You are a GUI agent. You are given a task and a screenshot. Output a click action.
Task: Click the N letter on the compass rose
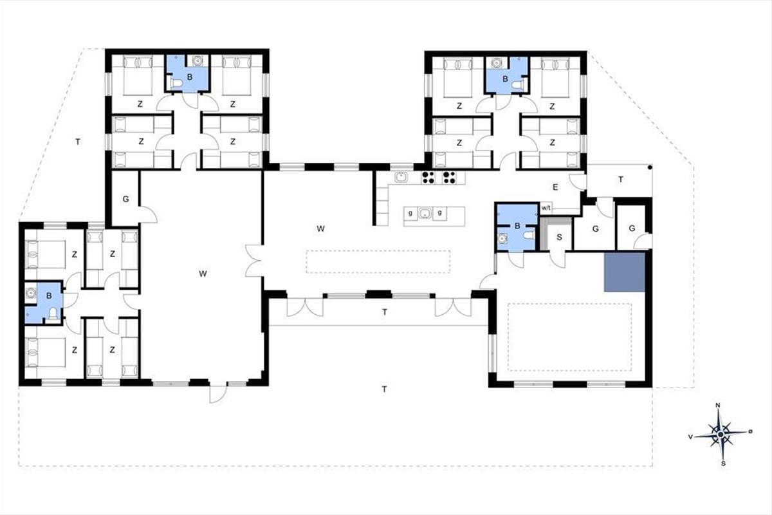click(x=718, y=405)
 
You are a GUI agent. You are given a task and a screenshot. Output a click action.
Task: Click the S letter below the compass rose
click(x=723, y=464)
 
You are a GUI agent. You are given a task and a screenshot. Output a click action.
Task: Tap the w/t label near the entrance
click(x=546, y=208)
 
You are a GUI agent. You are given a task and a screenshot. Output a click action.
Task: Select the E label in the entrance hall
click(x=555, y=187)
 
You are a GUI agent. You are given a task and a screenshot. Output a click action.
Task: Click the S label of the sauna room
click(x=559, y=237)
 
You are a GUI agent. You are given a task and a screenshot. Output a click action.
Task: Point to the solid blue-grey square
click(x=624, y=272)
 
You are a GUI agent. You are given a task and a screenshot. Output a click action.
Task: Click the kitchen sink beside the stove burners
click(x=401, y=177)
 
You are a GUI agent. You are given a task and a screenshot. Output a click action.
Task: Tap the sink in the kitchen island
click(x=425, y=214)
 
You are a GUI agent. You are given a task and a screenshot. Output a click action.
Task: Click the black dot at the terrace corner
click(x=649, y=167)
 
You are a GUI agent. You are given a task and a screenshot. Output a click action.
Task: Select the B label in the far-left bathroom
click(x=49, y=295)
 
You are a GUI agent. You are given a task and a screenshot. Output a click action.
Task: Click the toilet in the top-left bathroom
click(x=176, y=83)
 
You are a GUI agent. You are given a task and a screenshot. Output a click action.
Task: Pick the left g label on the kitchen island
click(x=410, y=213)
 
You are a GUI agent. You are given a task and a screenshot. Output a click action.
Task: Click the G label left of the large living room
click(x=126, y=199)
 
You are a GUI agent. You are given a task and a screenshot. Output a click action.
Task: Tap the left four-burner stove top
click(x=428, y=177)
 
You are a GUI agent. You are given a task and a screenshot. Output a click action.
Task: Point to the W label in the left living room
click(x=203, y=274)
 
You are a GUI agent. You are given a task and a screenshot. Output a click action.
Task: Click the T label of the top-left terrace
click(x=78, y=142)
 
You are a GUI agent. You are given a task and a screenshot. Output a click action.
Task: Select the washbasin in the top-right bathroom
click(x=496, y=63)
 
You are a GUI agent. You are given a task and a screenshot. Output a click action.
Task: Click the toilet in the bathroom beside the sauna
click(x=528, y=235)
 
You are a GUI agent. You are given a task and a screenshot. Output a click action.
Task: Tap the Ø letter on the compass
click(x=750, y=431)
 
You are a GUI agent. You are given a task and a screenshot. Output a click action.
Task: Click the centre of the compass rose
click(x=721, y=435)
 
